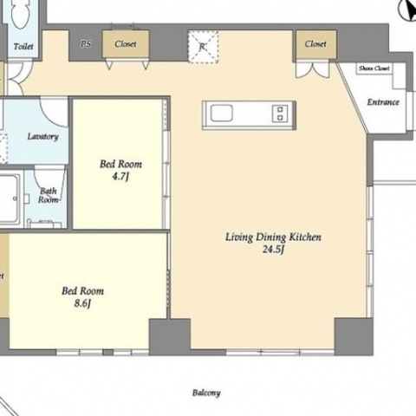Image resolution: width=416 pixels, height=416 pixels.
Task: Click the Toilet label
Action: [23, 46]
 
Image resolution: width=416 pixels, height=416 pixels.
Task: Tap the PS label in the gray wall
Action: [86, 44]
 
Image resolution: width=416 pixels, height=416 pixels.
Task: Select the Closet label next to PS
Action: [126, 44]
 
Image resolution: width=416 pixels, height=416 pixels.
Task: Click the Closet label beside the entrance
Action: [315, 44]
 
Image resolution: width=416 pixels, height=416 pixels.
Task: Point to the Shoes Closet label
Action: [374, 68]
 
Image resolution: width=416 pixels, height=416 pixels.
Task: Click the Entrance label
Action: [383, 102]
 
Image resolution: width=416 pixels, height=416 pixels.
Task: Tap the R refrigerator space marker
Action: [203, 46]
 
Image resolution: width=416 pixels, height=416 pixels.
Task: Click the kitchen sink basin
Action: [222, 113]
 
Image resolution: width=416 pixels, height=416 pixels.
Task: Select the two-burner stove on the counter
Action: [280, 114]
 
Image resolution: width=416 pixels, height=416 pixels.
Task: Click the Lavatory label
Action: [42, 136]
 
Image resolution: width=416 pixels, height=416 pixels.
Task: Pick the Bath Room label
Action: [49, 195]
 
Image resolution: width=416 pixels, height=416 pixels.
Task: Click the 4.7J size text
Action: [120, 176]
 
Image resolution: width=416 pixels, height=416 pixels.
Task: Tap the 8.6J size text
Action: [82, 303]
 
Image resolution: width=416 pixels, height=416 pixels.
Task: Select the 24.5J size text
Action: [273, 249]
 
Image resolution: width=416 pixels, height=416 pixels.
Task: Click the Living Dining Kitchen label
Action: [273, 237]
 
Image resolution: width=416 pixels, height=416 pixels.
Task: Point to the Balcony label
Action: [206, 393]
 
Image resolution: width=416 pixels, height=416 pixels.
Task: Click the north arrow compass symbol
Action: [408, 10]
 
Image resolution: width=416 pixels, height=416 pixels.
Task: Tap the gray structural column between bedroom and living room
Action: [170, 337]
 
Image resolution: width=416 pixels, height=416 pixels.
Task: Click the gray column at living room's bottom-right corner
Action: [354, 337]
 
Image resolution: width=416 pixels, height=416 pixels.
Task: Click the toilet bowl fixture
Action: [21, 13]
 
